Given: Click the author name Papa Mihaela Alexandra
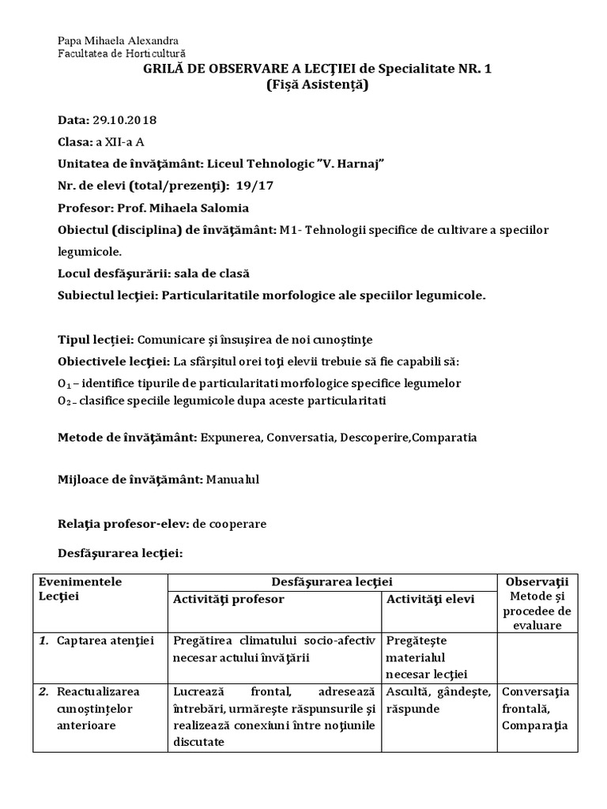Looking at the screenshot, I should coord(118,40).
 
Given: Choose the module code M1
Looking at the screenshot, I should coord(285,230).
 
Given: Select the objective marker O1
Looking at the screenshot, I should coord(65,383).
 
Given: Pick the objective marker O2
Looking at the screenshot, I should coord(65,401).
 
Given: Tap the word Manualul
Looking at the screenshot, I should coord(234,479).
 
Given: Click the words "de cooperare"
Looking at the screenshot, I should coord(234,523).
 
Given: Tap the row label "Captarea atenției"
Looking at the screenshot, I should coord(105,638).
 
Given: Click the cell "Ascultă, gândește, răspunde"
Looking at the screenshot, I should coord(438,700).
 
